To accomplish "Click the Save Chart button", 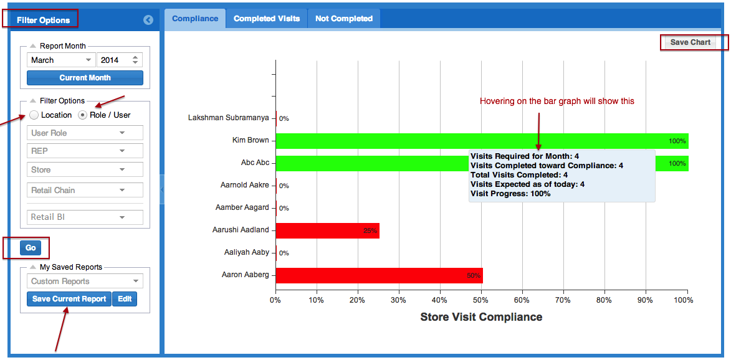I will click(690, 42).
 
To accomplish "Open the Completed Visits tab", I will click(267, 19).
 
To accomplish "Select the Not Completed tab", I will click(344, 19).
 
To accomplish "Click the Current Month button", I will click(85, 78).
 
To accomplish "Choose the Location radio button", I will click(34, 115).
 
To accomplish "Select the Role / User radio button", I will click(83, 115).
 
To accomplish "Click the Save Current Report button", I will click(69, 299).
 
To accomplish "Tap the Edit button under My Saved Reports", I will click(125, 299).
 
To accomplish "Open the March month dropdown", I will click(61, 60).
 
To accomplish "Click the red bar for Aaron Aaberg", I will click(379, 275).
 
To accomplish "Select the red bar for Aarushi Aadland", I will click(327, 230).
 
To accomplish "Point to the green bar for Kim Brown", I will click(482, 141).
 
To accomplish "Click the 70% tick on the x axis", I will click(563, 300).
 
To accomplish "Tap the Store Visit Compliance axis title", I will click(481, 317).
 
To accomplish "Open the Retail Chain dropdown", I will click(85, 190).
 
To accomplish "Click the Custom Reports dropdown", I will click(85, 282).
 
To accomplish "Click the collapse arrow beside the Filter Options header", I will click(148, 20).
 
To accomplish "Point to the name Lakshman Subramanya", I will click(229, 118).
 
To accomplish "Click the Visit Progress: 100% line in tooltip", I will click(510, 194).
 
